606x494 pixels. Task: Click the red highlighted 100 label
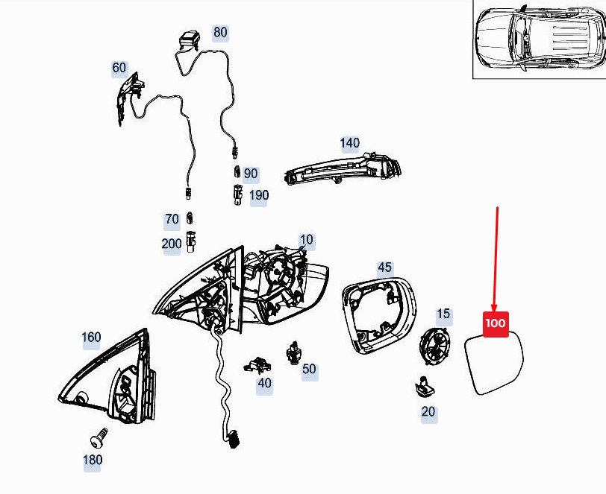(x=496, y=324)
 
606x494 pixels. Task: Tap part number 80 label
(x=220, y=32)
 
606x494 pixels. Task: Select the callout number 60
(x=119, y=68)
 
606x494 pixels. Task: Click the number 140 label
(x=350, y=143)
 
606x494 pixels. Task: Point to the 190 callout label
(x=258, y=196)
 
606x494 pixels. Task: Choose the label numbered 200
(x=172, y=244)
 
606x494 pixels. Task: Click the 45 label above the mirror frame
(x=384, y=267)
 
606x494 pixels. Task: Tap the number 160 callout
(x=91, y=338)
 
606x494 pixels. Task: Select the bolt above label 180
(x=99, y=438)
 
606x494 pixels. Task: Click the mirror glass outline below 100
(x=494, y=362)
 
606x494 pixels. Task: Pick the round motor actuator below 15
(x=435, y=346)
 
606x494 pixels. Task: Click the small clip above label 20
(x=425, y=386)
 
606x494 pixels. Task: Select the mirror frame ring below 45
(x=379, y=315)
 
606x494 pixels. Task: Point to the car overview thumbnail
(x=539, y=39)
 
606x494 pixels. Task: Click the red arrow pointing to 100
(x=496, y=259)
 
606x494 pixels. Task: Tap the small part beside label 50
(x=293, y=352)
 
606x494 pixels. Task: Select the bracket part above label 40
(x=257, y=365)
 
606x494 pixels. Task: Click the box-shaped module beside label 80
(x=190, y=40)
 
